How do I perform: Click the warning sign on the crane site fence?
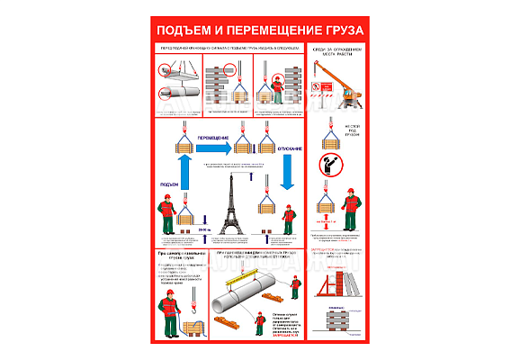point(316,87)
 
